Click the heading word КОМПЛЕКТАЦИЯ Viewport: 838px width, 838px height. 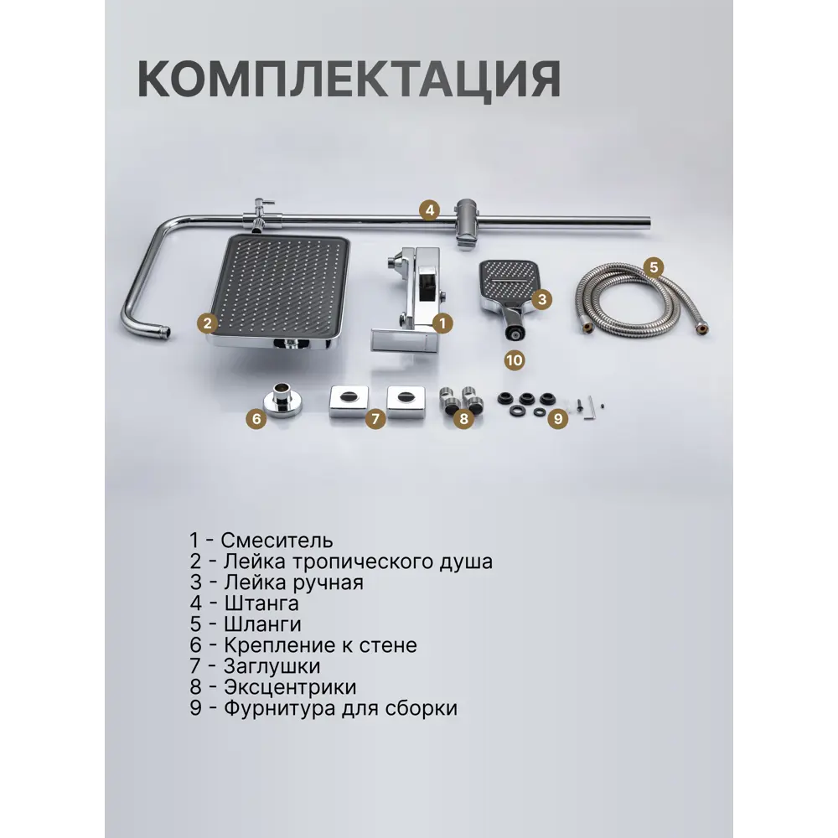click(x=349, y=80)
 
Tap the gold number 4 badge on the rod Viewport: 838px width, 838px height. click(x=430, y=210)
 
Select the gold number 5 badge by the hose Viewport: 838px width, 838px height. click(x=654, y=266)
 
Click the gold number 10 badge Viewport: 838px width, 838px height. click(x=515, y=360)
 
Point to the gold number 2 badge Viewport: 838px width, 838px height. click(x=207, y=323)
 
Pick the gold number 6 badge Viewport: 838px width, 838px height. click(x=256, y=418)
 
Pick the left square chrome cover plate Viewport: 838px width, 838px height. click(x=349, y=401)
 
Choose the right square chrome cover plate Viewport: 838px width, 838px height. click(x=406, y=401)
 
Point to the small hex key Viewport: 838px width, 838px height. click(x=589, y=408)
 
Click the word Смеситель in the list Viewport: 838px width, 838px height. click(x=277, y=541)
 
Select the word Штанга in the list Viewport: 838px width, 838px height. click(x=261, y=603)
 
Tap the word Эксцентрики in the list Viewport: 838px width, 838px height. click(x=290, y=687)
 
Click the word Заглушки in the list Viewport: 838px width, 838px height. click(x=272, y=666)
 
